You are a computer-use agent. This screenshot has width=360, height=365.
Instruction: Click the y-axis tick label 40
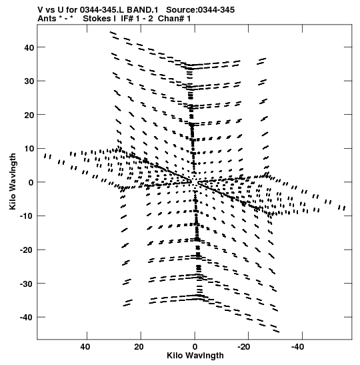pyautogui.click(x=29, y=47)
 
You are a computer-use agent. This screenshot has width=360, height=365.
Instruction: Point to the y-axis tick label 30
pyautogui.click(x=29, y=81)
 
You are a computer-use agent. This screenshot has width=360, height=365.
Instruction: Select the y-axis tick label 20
pyautogui.click(x=29, y=115)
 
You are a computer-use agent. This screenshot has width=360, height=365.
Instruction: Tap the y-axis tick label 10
pyautogui.click(x=29, y=149)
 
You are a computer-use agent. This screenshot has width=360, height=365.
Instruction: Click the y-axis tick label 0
pyautogui.click(x=31, y=182)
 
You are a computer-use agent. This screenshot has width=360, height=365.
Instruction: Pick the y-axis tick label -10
pyautogui.click(x=27, y=216)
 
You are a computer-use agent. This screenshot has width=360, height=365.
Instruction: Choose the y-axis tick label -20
pyautogui.click(x=27, y=250)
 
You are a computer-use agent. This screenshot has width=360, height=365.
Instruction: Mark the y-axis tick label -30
pyautogui.click(x=27, y=284)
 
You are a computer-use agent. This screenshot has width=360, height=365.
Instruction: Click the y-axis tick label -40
pyautogui.click(x=27, y=317)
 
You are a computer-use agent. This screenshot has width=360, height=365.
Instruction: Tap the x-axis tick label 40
pyautogui.click(x=85, y=347)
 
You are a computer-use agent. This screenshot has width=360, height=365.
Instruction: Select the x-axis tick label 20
pyautogui.click(x=139, y=347)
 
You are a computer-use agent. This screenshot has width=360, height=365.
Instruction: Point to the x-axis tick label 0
pyautogui.click(x=195, y=347)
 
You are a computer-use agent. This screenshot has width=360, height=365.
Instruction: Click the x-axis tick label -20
pyautogui.click(x=244, y=347)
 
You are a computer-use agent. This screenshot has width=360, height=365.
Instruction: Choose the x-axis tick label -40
pyautogui.click(x=297, y=347)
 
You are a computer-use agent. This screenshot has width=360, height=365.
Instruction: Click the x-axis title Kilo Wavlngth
pyautogui.click(x=195, y=356)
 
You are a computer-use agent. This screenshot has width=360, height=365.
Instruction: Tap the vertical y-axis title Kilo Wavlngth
pyautogui.click(x=13, y=181)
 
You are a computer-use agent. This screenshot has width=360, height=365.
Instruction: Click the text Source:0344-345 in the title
pyautogui.click(x=200, y=10)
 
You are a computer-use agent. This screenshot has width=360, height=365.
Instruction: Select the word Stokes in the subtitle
pyautogui.click(x=97, y=19)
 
